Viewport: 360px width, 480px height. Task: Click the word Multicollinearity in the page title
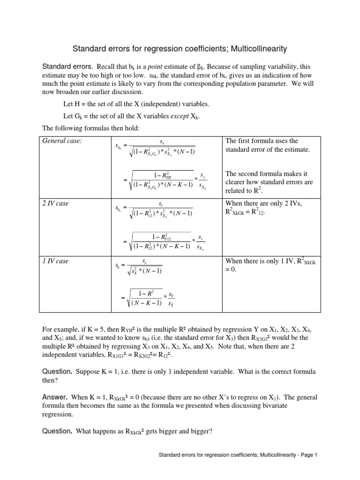pyautogui.click(x=253, y=48)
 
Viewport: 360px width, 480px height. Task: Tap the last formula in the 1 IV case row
pyautogui.click(x=145, y=297)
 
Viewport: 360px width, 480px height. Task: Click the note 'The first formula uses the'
pyautogui.click(x=262, y=141)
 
